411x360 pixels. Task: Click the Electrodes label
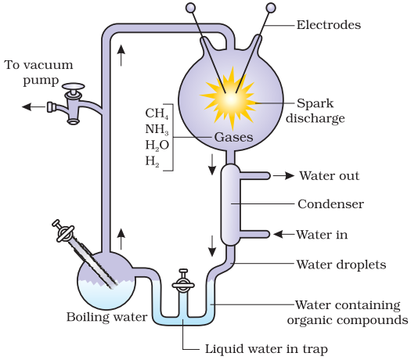(329, 25)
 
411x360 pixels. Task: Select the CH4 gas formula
(157, 113)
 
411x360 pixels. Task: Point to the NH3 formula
(157, 129)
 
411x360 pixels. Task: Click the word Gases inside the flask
(233, 137)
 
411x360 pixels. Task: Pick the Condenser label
(330, 204)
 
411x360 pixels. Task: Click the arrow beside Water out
(283, 175)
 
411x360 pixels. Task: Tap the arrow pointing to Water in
(284, 234)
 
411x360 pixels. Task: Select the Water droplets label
(341, 265)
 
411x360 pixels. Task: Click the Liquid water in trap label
(266, 349)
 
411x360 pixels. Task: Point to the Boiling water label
(107, 317)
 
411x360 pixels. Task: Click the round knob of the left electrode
(190, 8)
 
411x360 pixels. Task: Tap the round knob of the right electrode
(271, 8)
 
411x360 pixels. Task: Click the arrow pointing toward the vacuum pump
(34, 106)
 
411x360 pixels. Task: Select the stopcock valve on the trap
(183, 281)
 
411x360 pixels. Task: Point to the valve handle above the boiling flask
(63, 231)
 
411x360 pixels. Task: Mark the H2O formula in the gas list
(157, 145)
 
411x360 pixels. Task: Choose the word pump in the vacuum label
(41, 80)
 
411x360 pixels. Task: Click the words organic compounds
(348, 320)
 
